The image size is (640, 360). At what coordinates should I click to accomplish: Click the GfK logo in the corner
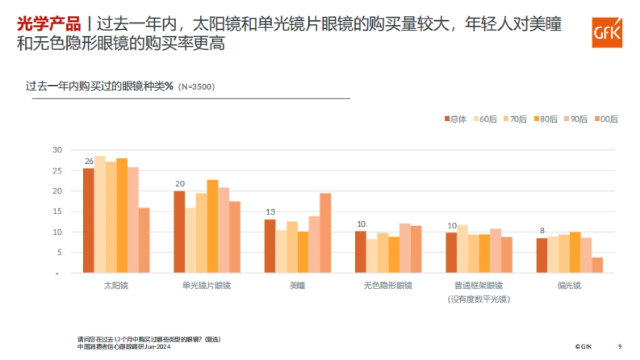click(x=606, y=33)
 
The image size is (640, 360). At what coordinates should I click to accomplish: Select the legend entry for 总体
click(x=454, y=119)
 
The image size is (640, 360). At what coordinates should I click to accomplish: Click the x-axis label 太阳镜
click(x=116, y=285)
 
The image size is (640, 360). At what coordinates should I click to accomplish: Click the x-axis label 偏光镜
click(x=569, y=285)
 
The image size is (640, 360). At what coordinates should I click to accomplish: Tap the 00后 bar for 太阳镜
click(x=144, y=240)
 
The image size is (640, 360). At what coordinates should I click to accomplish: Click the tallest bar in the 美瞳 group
click(x=325, y=233)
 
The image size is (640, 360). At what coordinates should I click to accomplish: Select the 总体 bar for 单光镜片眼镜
click(x=180, y=232)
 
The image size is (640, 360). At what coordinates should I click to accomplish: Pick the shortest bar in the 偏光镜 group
click(x=597, y=265)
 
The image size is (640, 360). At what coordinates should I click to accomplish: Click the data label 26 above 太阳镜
click(x=89, y=161)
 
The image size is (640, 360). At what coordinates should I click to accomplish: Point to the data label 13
click(x=270, y=212)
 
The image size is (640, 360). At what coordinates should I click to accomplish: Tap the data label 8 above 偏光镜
click(x=542, y=230)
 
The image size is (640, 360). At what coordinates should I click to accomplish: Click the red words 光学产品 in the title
click(x=49, y=25)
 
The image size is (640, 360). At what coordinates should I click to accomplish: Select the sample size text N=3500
click(x=197, y=86)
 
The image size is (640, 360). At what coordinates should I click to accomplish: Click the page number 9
click(x=620, y=346)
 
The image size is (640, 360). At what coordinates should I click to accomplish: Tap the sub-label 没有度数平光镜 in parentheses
click(x=478, y=299)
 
